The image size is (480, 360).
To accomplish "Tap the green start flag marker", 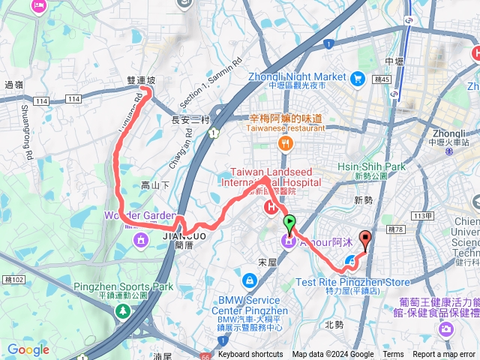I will pos(289,223).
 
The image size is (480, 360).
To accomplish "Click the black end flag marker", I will pos(366,241).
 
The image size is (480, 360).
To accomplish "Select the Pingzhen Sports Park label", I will pos(123,286).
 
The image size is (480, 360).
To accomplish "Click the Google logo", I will pos(28,349).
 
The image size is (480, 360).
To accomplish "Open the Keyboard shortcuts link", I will pos(250,355).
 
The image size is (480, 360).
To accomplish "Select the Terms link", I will pos(393,355).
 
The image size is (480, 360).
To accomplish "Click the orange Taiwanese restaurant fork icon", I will pos(285,144).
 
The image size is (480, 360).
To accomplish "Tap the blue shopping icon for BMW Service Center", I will pos(248,280).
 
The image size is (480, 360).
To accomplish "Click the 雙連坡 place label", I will pos(141,79).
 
